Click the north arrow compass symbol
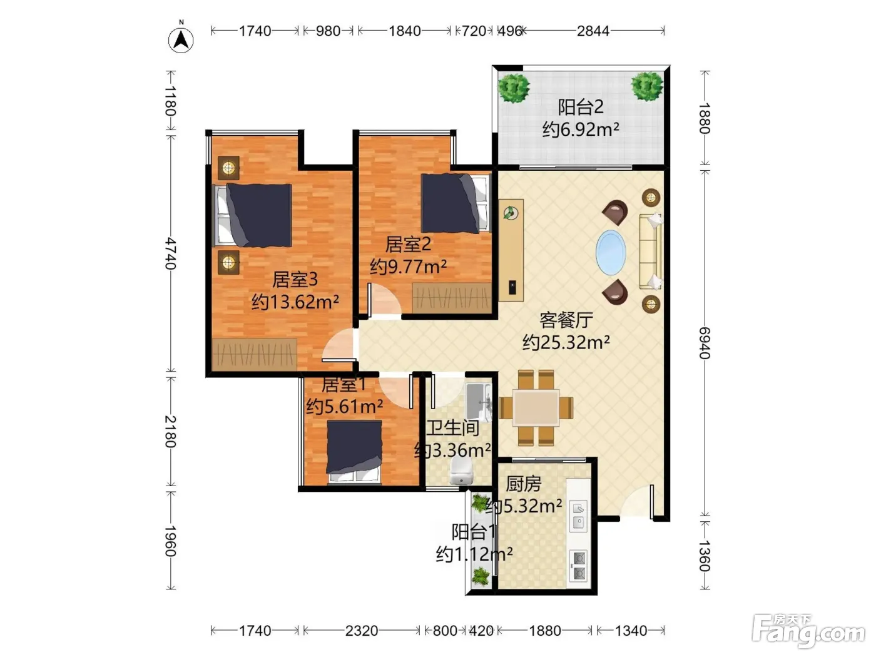[181, 39]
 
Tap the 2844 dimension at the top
[593, 31]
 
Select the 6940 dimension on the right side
[705, 343]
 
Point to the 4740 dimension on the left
[171, 253]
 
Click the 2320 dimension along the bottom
[361, 631]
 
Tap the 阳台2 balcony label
[580, 107]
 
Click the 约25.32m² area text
[566, 342]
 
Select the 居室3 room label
[295, 279]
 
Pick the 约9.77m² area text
[408, 266]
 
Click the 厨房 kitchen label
[523, 484]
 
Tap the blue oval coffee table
[611, 252]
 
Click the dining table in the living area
[536, 408]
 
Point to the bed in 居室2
[456, 203]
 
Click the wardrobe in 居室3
[254, 354]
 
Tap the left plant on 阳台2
[514, 88]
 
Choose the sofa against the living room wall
[651, 251]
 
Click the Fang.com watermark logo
[808, 631]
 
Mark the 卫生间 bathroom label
[452, 428]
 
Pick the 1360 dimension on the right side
[705, 556]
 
